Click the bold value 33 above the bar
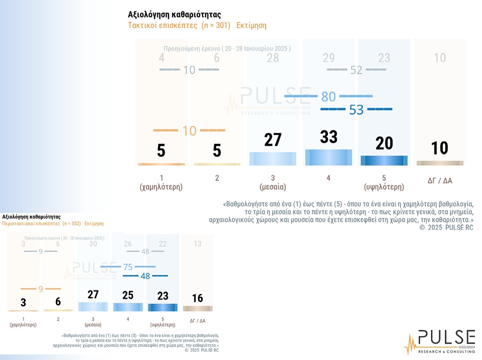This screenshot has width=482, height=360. click(x=328, y=137)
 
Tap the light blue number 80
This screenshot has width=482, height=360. click(x=328, y=96)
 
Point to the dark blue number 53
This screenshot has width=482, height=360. click(x=356, y=110)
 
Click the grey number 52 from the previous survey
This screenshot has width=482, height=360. click(x=356, y=70)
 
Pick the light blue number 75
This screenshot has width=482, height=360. click(x=128, y=267)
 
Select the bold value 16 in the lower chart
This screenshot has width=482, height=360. click(x=197, y=298)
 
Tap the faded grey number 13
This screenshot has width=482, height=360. click(x=197, y=244)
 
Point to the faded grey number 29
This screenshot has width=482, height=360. click(x=328, y=58)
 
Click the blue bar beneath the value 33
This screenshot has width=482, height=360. click(x=328, y=157)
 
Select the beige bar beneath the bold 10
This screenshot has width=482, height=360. click(x=440, y=163)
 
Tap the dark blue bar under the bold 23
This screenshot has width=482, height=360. click(x=163, y=307)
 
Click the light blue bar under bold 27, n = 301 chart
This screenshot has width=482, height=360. click(x=273, y=159)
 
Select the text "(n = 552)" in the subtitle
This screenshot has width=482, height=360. click(x=72, y=224)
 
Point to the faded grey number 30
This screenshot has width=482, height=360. click(x=93, y=244)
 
